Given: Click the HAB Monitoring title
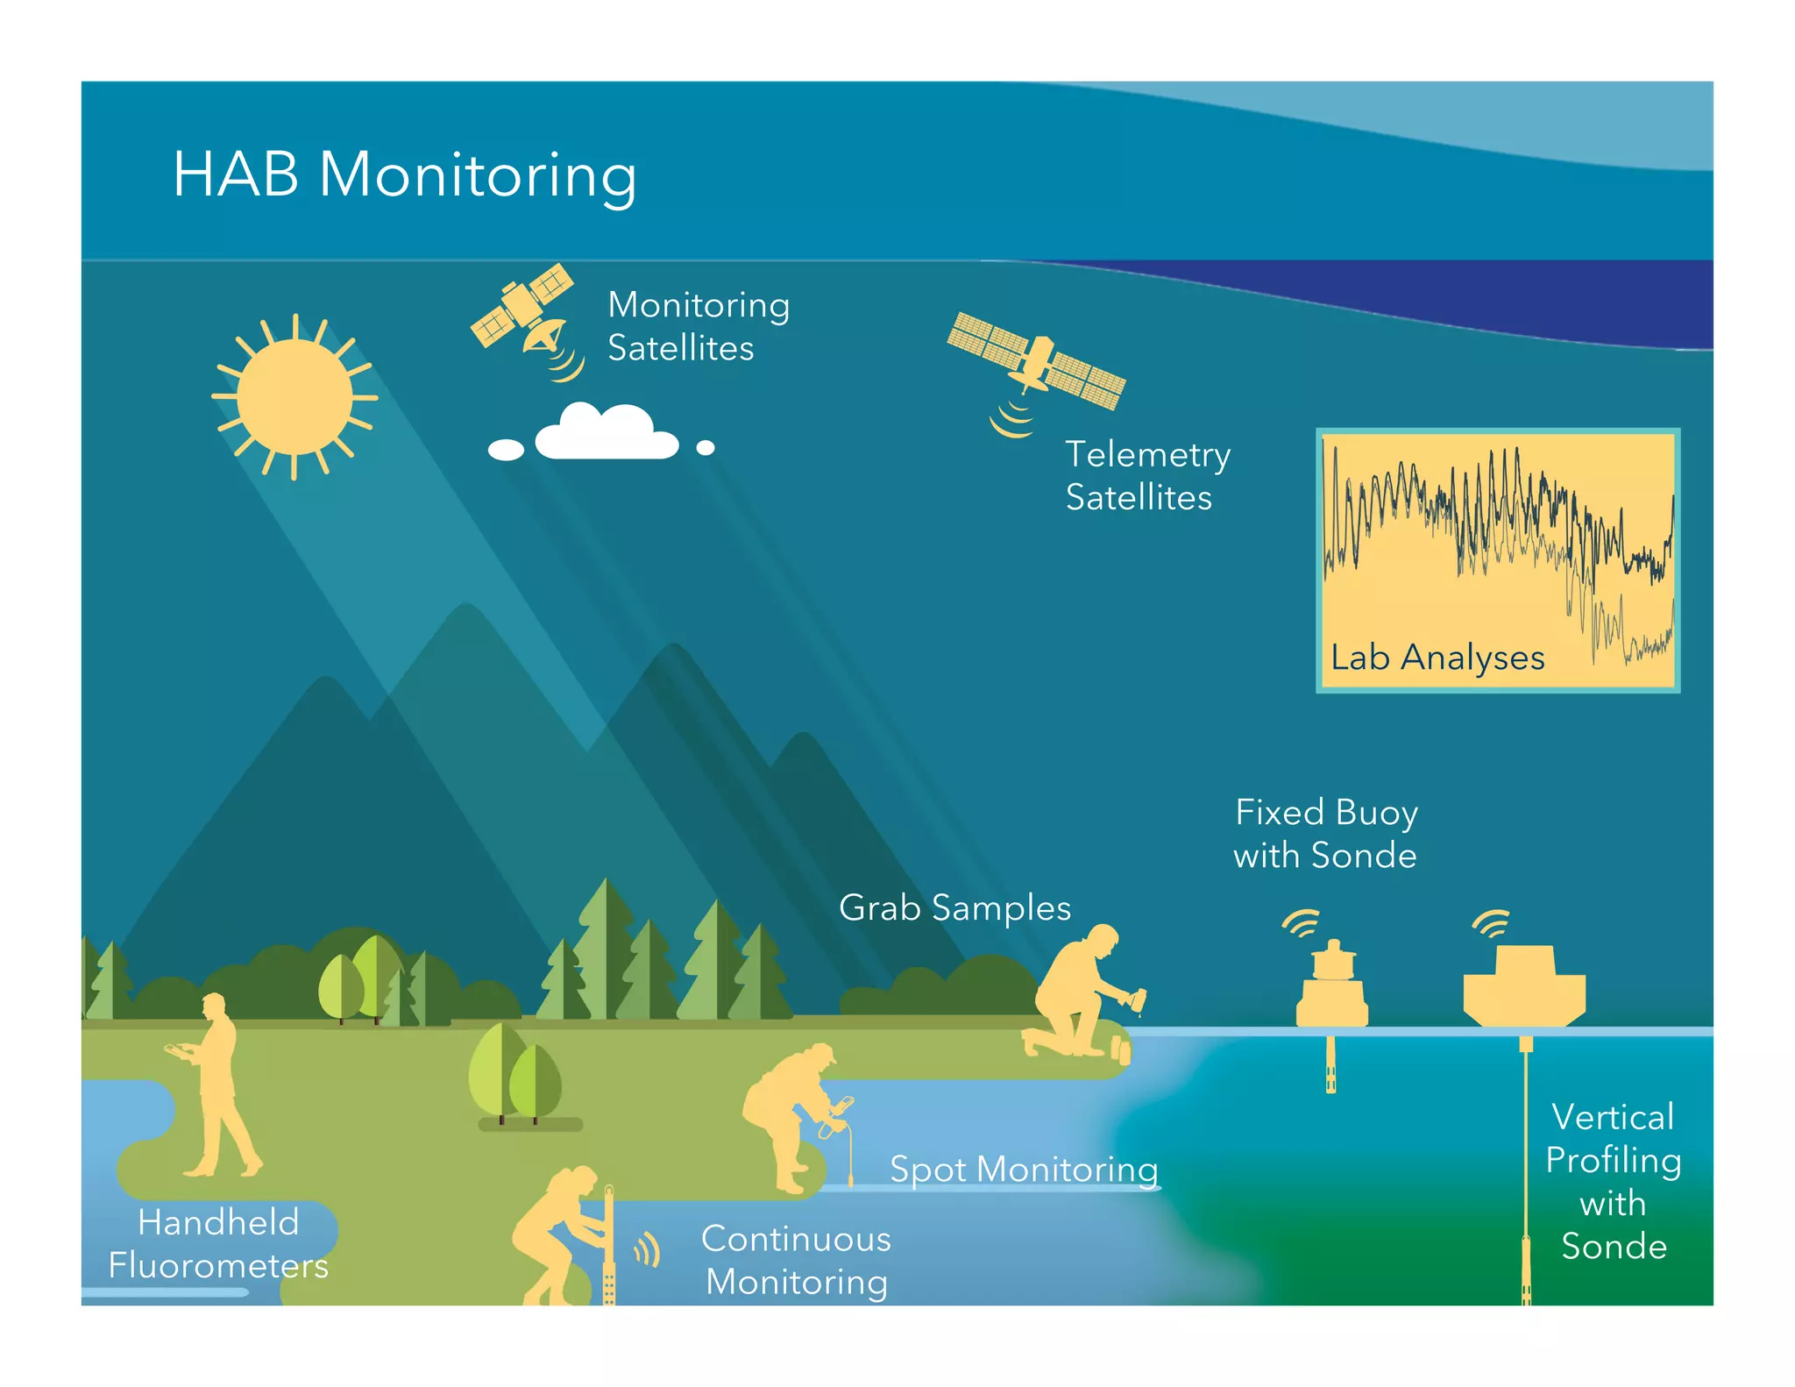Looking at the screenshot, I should click(404, 175).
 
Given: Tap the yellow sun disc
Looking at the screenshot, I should click(294, 396).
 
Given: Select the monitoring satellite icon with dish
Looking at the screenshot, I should click(524, 317).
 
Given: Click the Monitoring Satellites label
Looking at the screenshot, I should click(699, 326).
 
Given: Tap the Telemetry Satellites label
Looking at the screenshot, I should click(1147, 475).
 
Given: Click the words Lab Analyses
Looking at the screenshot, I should click(1437, 658).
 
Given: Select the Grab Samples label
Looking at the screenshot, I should click(954, 907).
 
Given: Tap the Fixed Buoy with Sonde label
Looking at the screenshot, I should click(1325, 834).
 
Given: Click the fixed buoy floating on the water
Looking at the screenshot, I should click(1332, 991).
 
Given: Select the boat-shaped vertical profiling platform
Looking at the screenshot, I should click(1524, 986).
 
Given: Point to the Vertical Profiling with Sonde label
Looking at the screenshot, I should click(1613, 1181).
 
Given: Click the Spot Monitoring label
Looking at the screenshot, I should click(1024, 1170).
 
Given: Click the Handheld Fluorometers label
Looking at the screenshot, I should click(218, 1244).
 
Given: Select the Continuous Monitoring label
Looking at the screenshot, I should click(796, 1260).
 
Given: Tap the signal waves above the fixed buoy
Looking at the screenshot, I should click(1302, 922).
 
